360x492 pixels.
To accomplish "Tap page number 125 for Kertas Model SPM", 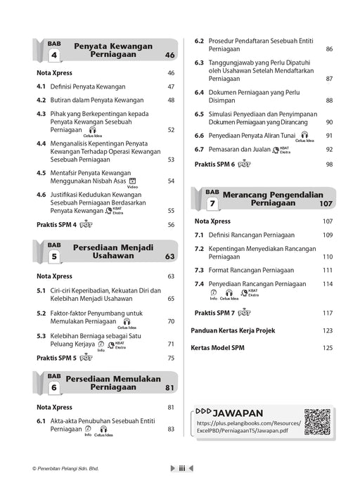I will [328, 348].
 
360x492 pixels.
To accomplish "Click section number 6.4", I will [199, 93].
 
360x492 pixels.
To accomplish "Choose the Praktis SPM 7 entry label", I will [214, 313].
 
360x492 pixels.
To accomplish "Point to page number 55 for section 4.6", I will [171, 210].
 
